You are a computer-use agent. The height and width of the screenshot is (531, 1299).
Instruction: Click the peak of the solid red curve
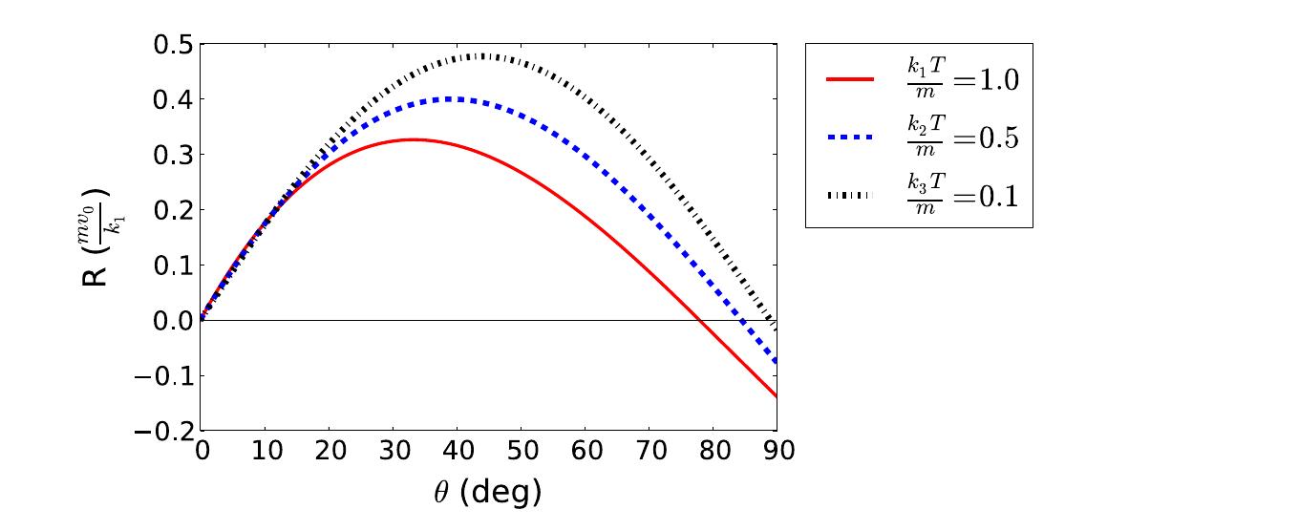tap(412, 139)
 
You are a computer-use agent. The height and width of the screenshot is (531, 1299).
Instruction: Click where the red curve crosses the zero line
tap(699, 320)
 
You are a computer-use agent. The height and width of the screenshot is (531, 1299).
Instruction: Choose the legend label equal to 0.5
tap(962, 138)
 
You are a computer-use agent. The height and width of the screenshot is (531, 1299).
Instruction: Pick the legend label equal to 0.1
tap(962, 196)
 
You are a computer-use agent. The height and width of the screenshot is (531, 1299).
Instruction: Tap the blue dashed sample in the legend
tap(848, 138)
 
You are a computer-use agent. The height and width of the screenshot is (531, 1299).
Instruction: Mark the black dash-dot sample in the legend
tap(848, 196)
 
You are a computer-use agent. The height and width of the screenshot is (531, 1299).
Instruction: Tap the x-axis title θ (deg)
tap(488, 492)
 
